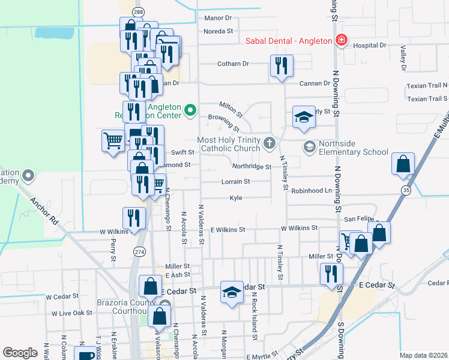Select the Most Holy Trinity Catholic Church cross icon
270,143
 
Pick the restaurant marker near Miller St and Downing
331,274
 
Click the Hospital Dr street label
369,45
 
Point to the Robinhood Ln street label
312,190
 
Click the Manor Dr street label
218,18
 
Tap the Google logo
20,353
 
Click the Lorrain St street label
236,181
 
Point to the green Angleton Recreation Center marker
190,110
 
